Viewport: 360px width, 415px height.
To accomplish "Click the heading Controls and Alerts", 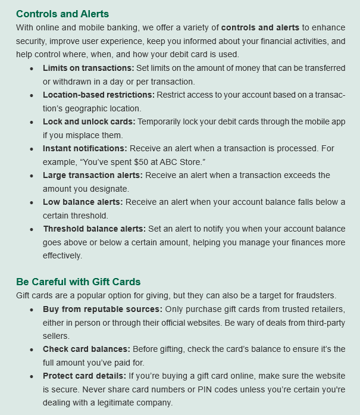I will pos(62,13).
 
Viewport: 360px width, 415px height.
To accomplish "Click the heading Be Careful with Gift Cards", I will pos(78,282).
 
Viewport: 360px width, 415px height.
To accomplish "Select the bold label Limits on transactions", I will pos(88,68).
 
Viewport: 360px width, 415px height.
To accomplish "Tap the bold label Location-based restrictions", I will pos(98,95).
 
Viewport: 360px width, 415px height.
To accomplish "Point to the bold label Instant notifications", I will pos(84,148).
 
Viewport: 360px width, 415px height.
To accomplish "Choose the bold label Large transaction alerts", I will pos(92,175).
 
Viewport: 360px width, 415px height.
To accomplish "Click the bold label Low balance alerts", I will pos(83,202).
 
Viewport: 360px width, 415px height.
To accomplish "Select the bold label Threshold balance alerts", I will pos(94,229).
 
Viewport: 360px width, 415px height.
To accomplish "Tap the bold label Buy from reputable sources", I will pos(102,309).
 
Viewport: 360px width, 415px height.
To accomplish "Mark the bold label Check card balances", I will pos(86,349).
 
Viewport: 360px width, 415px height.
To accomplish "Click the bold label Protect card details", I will pos(84,376).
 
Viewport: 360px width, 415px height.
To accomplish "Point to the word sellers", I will pos(55,336).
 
